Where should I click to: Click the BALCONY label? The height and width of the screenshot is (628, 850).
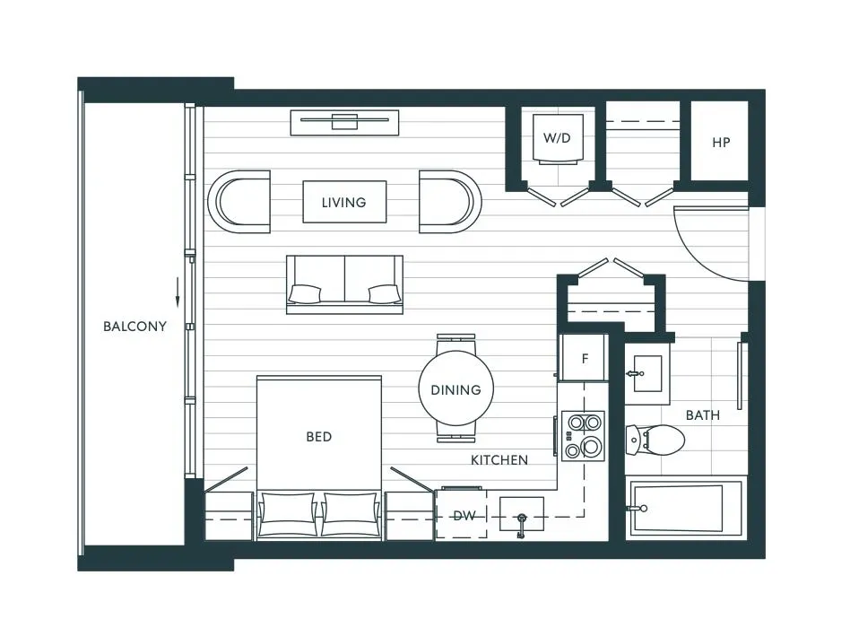point(134,327)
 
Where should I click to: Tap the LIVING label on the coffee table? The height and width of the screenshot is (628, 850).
point(344,203)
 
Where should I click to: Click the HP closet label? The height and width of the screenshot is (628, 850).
point(721,143)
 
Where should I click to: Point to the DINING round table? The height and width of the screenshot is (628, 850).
point(455,389)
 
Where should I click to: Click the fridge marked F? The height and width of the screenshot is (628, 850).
point(584,358)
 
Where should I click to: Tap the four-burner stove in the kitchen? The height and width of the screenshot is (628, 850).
point(583,435)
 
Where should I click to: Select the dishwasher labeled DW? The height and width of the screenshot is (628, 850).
point(463,515)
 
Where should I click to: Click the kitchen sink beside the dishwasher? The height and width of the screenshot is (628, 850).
point(521,516)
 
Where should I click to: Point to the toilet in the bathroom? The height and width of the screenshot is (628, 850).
point(657,440)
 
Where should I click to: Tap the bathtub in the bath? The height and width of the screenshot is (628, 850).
point(686,509)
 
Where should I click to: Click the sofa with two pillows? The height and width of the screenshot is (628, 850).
point(344,283)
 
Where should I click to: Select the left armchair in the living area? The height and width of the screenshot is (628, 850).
point(239,202)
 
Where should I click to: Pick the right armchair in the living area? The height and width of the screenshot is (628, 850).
point(450,202)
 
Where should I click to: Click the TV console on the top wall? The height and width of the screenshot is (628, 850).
point(344,121)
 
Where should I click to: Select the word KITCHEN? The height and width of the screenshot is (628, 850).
point(499,460)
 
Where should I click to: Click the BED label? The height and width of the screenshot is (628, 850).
point(318,437)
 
